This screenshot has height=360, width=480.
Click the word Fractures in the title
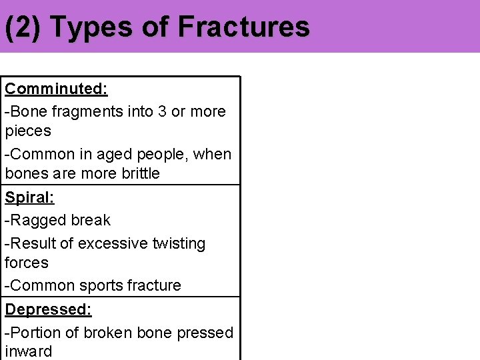(x=244, y=27)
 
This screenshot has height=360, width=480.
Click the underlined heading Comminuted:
(x=57, y=89)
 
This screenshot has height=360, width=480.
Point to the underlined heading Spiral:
(x=30, y=197)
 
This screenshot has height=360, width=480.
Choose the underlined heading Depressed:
(x=49, y=309)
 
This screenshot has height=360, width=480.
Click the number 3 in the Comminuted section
(x=161, y=111)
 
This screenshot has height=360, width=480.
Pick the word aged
(x=114, y=154)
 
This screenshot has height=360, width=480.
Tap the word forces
(x=27, y=263)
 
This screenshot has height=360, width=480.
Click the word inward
(x=29, y=351)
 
